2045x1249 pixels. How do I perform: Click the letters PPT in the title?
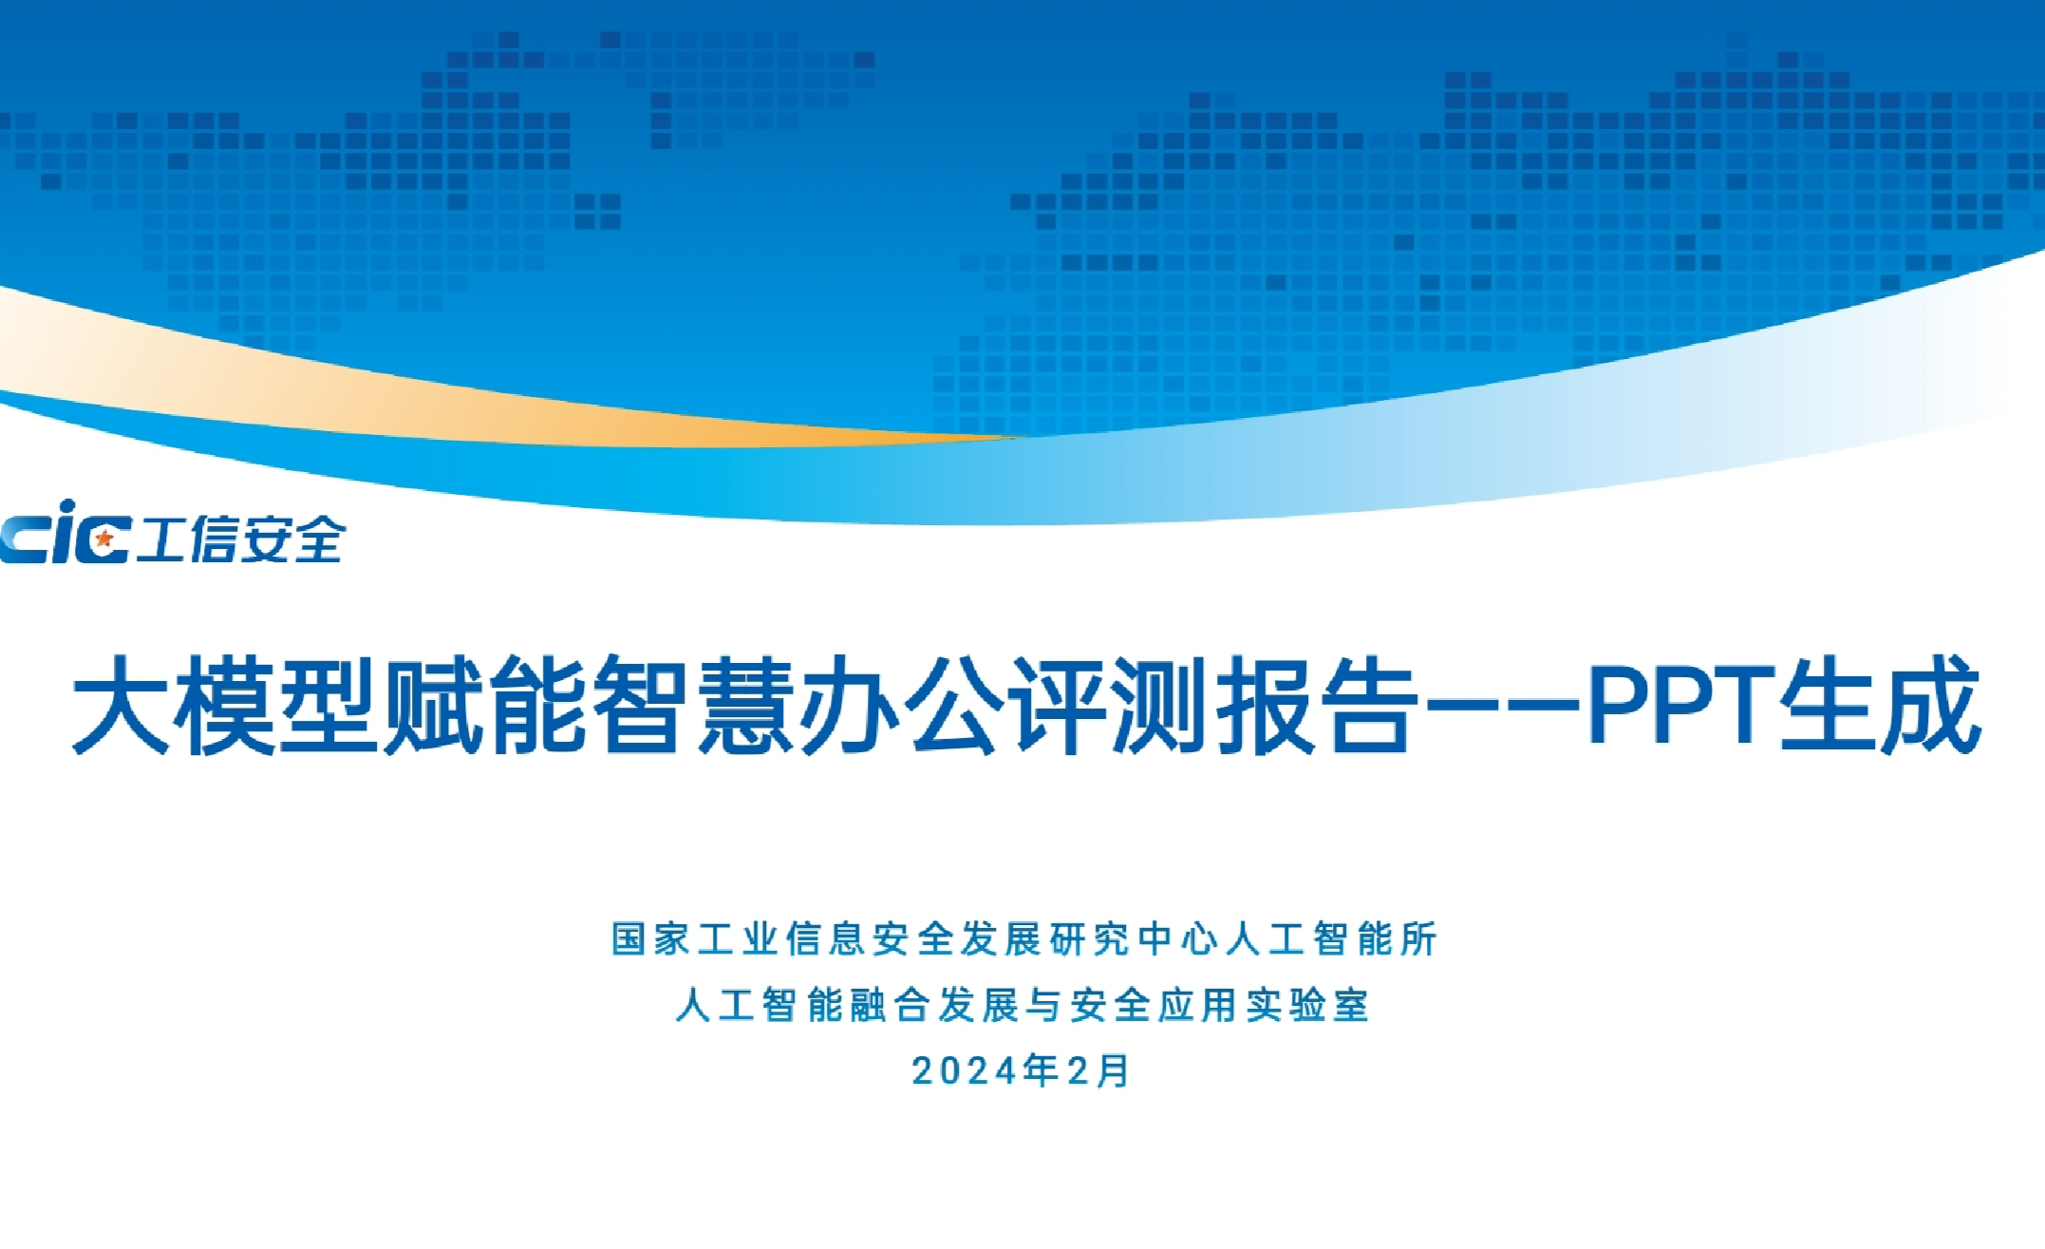(1681, 706)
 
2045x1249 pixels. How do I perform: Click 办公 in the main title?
(900, 706)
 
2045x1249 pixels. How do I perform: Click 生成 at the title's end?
(1880, 706)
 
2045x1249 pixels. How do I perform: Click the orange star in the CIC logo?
(104, 539)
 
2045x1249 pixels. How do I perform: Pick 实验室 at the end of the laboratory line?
(1307, 1005)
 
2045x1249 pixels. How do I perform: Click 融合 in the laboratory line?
(890, 1005)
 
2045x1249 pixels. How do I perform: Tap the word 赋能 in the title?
(483, 706)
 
